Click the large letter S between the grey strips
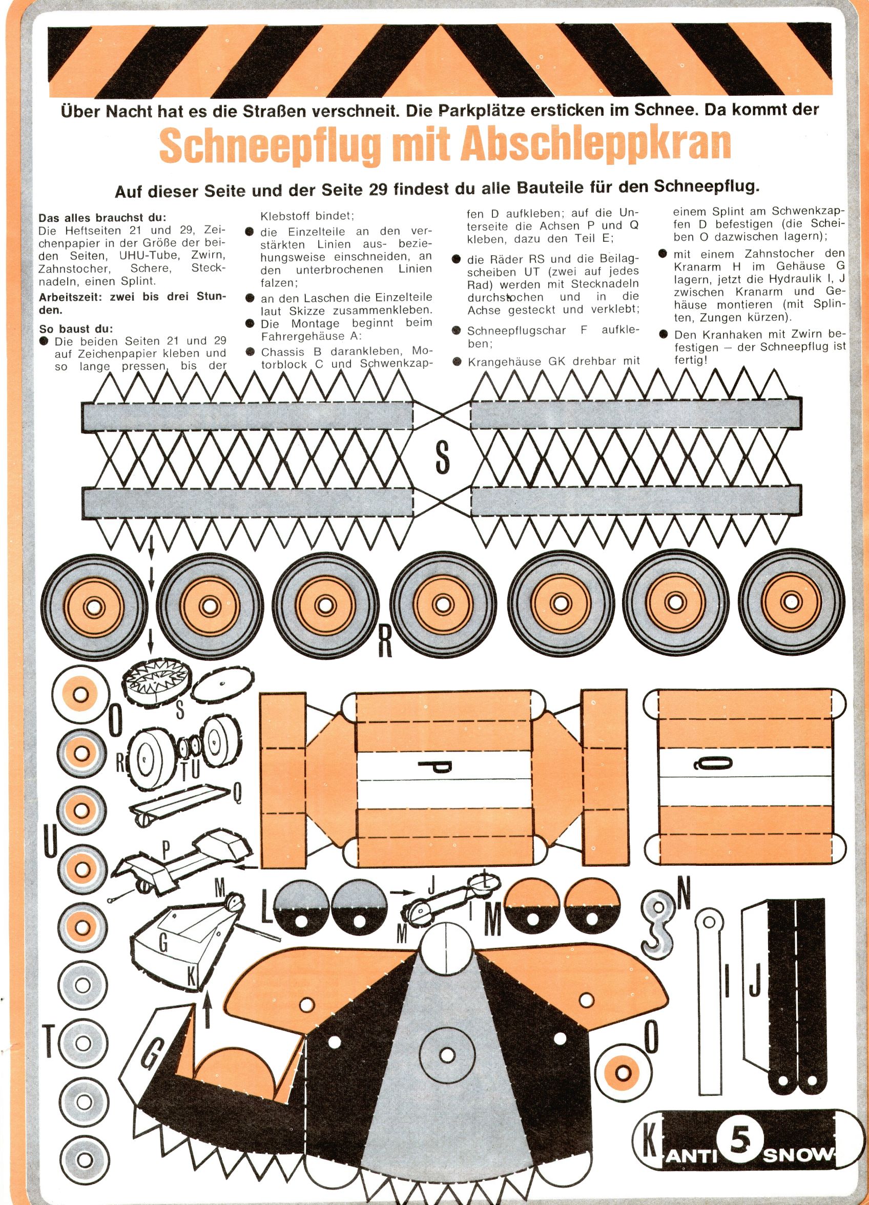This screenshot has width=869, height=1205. (442, 458)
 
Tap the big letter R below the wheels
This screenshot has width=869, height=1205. (384, 642)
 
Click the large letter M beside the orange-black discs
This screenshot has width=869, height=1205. (493, 920)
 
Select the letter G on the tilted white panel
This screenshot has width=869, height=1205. (152, 1052)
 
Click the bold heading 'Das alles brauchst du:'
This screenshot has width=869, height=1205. (102, 217)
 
